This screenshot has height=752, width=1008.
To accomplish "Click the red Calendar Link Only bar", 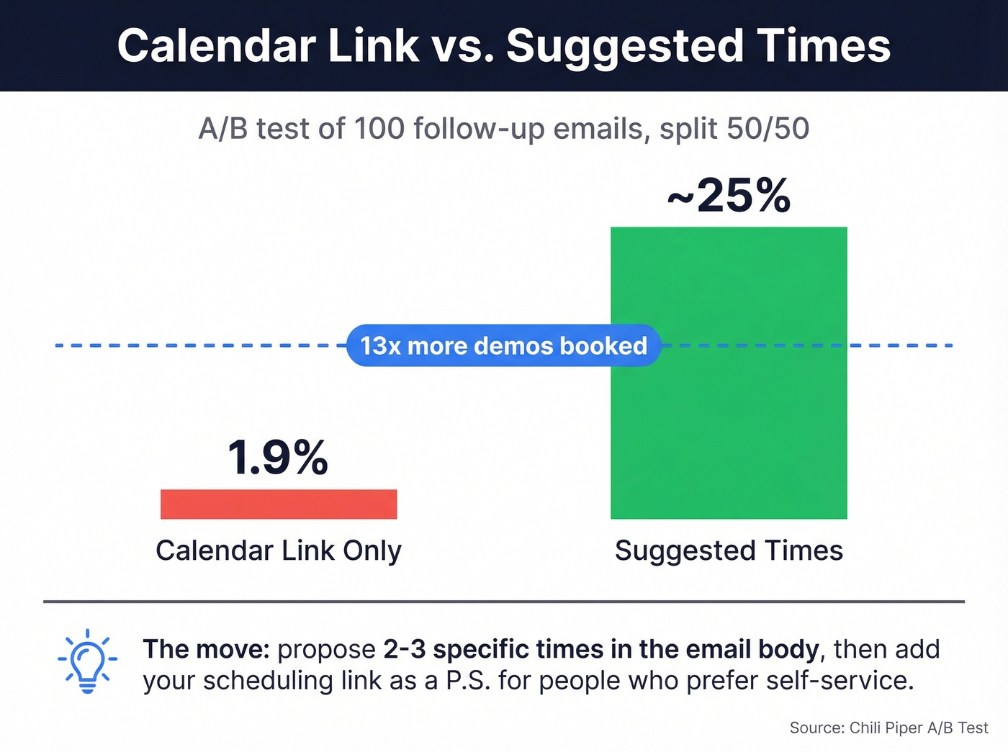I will coord(279,504).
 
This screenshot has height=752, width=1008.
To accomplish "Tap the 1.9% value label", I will coord(278,458).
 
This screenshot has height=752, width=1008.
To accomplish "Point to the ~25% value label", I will coord(729,195).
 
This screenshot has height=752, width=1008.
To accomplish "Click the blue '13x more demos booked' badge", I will coord(503,346).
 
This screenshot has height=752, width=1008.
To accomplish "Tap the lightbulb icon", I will coord(87,661).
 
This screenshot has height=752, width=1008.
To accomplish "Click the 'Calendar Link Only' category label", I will coord(279,551).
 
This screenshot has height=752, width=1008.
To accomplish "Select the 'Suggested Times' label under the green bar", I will coord(729,551).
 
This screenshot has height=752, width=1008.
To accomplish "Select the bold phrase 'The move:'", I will coord(206,649).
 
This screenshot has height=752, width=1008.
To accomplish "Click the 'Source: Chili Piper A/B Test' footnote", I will coord(888,728).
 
